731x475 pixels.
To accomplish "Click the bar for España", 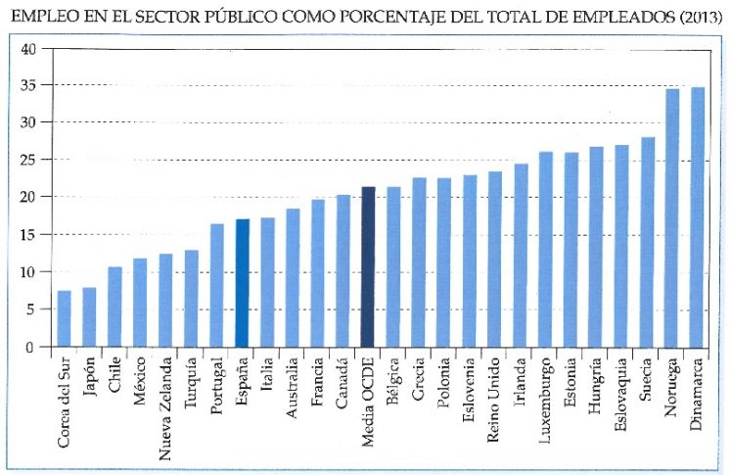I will coord(243,283).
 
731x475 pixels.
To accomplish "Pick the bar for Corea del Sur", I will coord(65,318).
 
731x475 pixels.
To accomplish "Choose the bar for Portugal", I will coord(217,285).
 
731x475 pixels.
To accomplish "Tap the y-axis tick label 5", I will coord(31,309).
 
